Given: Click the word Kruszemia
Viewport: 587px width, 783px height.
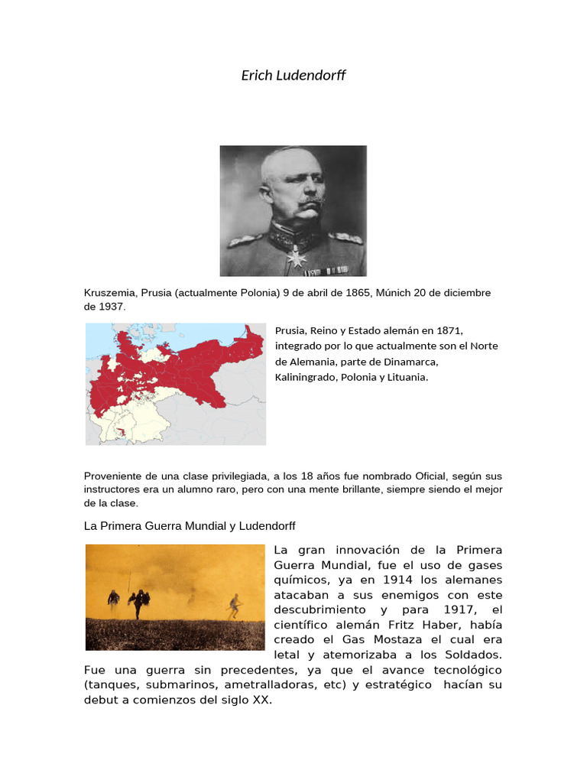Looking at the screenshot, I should click(110, 293).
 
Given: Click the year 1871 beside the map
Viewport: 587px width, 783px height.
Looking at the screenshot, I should click(449, 330).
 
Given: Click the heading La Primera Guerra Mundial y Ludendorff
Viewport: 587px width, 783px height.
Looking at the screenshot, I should click(189, 526).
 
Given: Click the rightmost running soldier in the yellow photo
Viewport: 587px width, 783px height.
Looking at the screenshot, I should click(233, 606).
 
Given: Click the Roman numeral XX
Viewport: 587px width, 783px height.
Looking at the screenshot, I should click(262, 700).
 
